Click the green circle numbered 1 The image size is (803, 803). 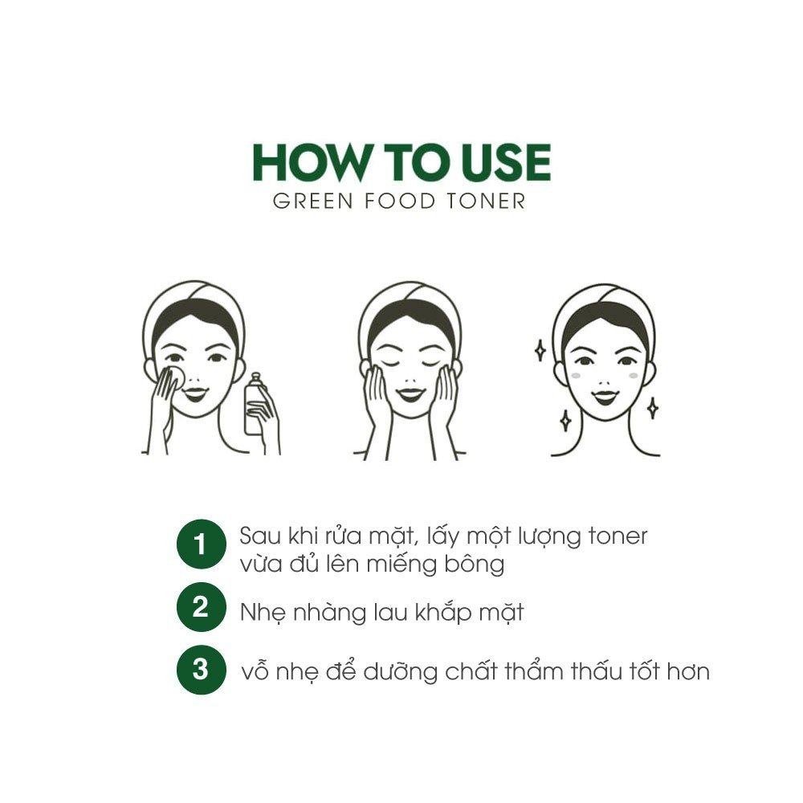pyautogui.click(x=202, y=544)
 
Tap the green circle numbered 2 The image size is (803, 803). pyautogui.click(x=202, y=607)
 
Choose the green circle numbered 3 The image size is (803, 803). pyautogui.click(x=202, y=670)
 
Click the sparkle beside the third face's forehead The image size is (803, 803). pyautogui.click(x=540, y=351)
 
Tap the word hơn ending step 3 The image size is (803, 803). pyautogui.click(x=688, y=672)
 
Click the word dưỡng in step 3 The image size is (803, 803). pyautogui.click(x=401, y=672)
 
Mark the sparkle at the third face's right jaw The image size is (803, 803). pyautogui.click(x=652, y=408)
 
